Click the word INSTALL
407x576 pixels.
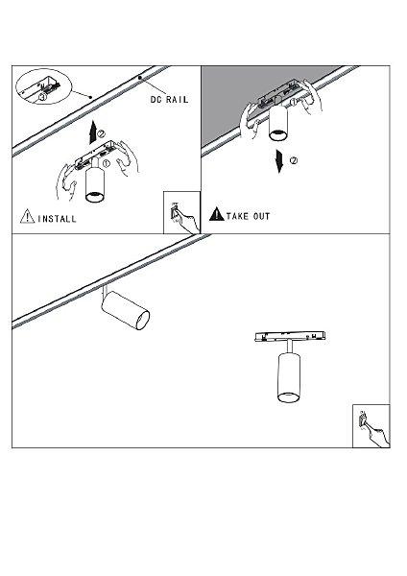pos(57,219)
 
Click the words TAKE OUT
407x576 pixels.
pos(249,216)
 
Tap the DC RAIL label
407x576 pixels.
pos(169,100)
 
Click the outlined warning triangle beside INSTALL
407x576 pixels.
pos(27,216)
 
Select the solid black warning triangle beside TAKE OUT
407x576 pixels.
pos(216,214)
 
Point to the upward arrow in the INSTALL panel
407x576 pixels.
pos(93,132)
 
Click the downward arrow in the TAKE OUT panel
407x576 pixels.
pos(280,160)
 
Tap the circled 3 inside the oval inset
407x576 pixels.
pos(43,97)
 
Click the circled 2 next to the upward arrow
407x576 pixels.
pos(102,134)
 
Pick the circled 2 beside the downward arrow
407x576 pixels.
pos(294,160)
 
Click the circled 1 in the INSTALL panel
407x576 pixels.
pos(106,164)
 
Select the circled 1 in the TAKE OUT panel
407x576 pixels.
pos(294,102)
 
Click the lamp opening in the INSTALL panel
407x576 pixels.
pos(95,197)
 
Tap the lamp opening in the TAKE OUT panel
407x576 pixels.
pos(278,134)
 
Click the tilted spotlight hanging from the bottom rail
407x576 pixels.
pos(125,308)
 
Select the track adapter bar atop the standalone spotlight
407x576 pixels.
pos(290,336)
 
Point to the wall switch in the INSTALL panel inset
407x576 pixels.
pos(175,212)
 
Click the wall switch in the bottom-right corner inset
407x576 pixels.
pos(363,420)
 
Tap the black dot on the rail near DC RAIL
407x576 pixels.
pos(139,78)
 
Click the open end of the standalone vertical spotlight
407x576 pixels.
pos(288,396)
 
